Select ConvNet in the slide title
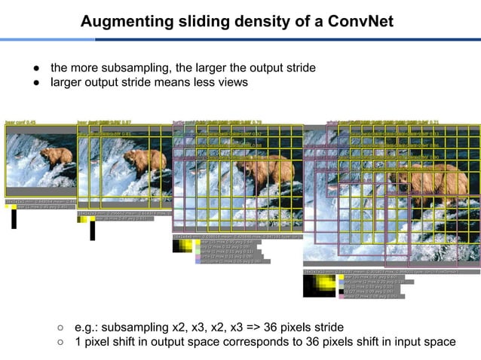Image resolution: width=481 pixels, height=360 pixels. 360,20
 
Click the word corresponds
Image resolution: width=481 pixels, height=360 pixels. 252,342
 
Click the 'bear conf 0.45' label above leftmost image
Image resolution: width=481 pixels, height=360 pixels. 21,121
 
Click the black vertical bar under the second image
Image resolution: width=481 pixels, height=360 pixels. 92,230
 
